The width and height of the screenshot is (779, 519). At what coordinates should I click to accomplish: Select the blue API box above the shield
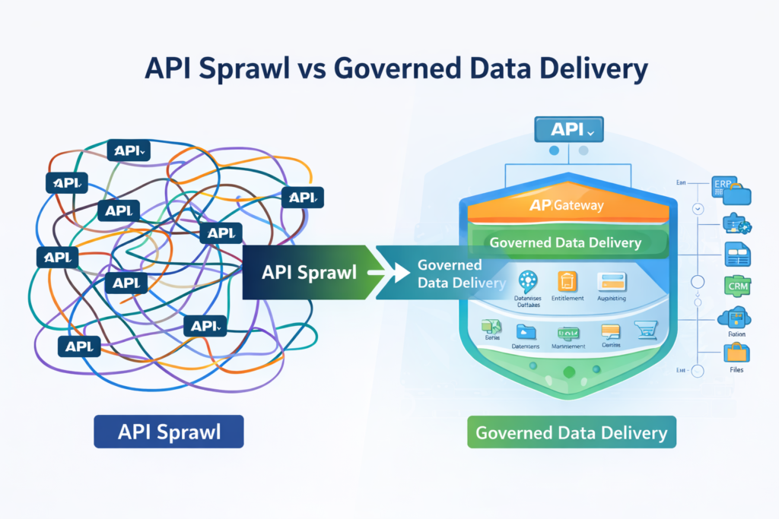pyautogui.click(x=568, y=130)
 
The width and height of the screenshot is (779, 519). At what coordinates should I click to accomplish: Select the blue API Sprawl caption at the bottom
pyautogui.click(x=168, y=432)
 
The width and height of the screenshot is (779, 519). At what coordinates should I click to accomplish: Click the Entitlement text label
pyautogui.click(x=567, y=299)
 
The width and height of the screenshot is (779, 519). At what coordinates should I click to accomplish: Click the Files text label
pyautogui.click(x=736, y=370)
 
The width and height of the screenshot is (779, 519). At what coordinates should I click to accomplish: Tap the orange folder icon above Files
pyautogui.click(x=736, y=352)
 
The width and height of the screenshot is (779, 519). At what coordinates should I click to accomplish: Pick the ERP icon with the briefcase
pyautogui.click(x=731, y=191)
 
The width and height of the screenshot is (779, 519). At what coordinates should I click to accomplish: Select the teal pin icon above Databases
pyautogui.click(x=526, y=280)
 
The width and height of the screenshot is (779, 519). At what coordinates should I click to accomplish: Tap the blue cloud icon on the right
pyautogui.click(x=734, y=318)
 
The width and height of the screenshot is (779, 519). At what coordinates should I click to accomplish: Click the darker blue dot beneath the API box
pyautogui.click(x=554, y=150)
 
